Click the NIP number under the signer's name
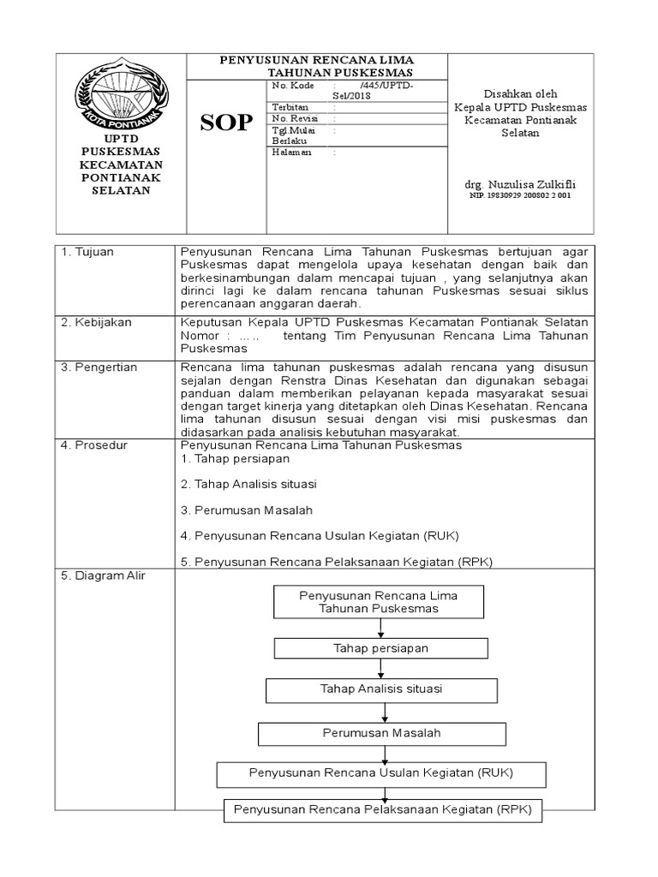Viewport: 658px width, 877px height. (x=519, y=196)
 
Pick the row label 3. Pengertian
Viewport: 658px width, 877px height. (x=99, y=367)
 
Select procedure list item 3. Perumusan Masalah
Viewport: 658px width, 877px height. (x=247, y=510)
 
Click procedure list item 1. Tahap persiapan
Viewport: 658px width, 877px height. (x=236, y=459)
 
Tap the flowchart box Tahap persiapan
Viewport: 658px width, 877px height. (x=380, y=647)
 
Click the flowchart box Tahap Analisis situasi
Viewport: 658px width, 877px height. (x=380, y=689)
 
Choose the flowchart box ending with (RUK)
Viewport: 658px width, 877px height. (x=380, y=773)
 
